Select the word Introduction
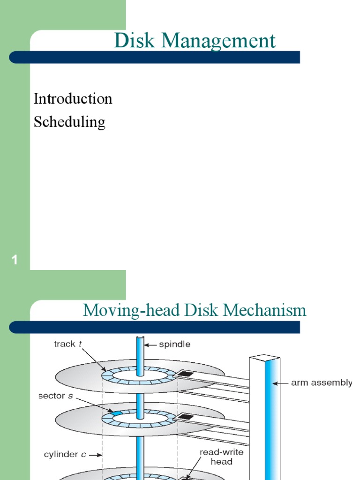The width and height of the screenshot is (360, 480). point(73,99)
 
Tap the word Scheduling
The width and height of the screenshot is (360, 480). point(69,122)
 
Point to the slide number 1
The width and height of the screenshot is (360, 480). point(15,260)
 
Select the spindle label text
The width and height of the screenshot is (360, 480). point(174,345)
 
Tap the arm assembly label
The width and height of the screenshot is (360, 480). point(322,383)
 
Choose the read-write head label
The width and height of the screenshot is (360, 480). point(216,457)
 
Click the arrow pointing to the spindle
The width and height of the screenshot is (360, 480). point(151,345)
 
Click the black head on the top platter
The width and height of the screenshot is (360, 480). point(186,374)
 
